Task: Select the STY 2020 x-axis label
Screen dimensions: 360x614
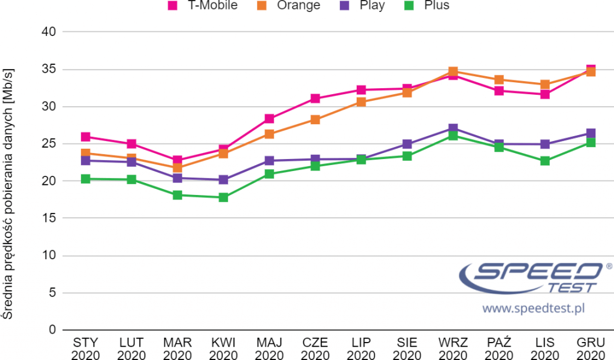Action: (x=86, y=349)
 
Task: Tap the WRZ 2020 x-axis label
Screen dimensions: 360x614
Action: (x=453, y=349)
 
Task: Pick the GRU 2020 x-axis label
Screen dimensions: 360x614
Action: (x=591, y=349)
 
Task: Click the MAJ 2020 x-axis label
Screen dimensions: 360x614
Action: (x=269, y=349)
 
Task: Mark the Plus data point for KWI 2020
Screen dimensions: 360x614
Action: (x=223, y=197)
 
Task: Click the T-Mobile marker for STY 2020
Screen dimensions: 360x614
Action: (x=86, y=137)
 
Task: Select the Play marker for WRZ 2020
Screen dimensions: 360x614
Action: (x=453, y=129)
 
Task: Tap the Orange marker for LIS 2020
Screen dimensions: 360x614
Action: (x=545, y=85)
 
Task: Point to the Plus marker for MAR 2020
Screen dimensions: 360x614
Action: (x=177, y=195)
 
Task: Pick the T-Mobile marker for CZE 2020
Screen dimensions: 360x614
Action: (x=315, y=98)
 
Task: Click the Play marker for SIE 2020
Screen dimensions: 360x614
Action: (x=407, y=144)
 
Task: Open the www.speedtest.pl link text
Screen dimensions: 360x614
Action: (x=533, y=308)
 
